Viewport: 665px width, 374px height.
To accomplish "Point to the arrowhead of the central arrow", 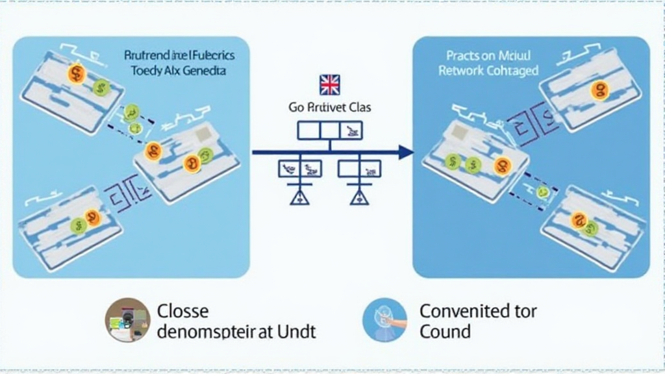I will pyautogui.click(x=406, y=153).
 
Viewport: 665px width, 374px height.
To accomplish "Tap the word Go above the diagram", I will pyautogui.click(x=295, y=107).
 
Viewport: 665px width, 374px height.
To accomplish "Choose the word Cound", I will pyautogui.click(x=445, y=332).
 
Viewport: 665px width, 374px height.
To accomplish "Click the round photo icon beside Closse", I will pyautogui.click(x=127, y=320).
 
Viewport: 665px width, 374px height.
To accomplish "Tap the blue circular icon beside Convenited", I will pyautogui.click(x=385, y=320).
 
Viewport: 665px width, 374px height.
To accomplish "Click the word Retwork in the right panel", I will pyautogui.click(x=460, y=71).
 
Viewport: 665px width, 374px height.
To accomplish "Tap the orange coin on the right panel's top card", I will pyautogui.click(x=599, y=90).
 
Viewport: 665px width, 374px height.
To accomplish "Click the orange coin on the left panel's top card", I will pyautogui.click(x=77, y=74).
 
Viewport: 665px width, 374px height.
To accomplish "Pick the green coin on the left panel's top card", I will pyautogui.click(x=100, y=87).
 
